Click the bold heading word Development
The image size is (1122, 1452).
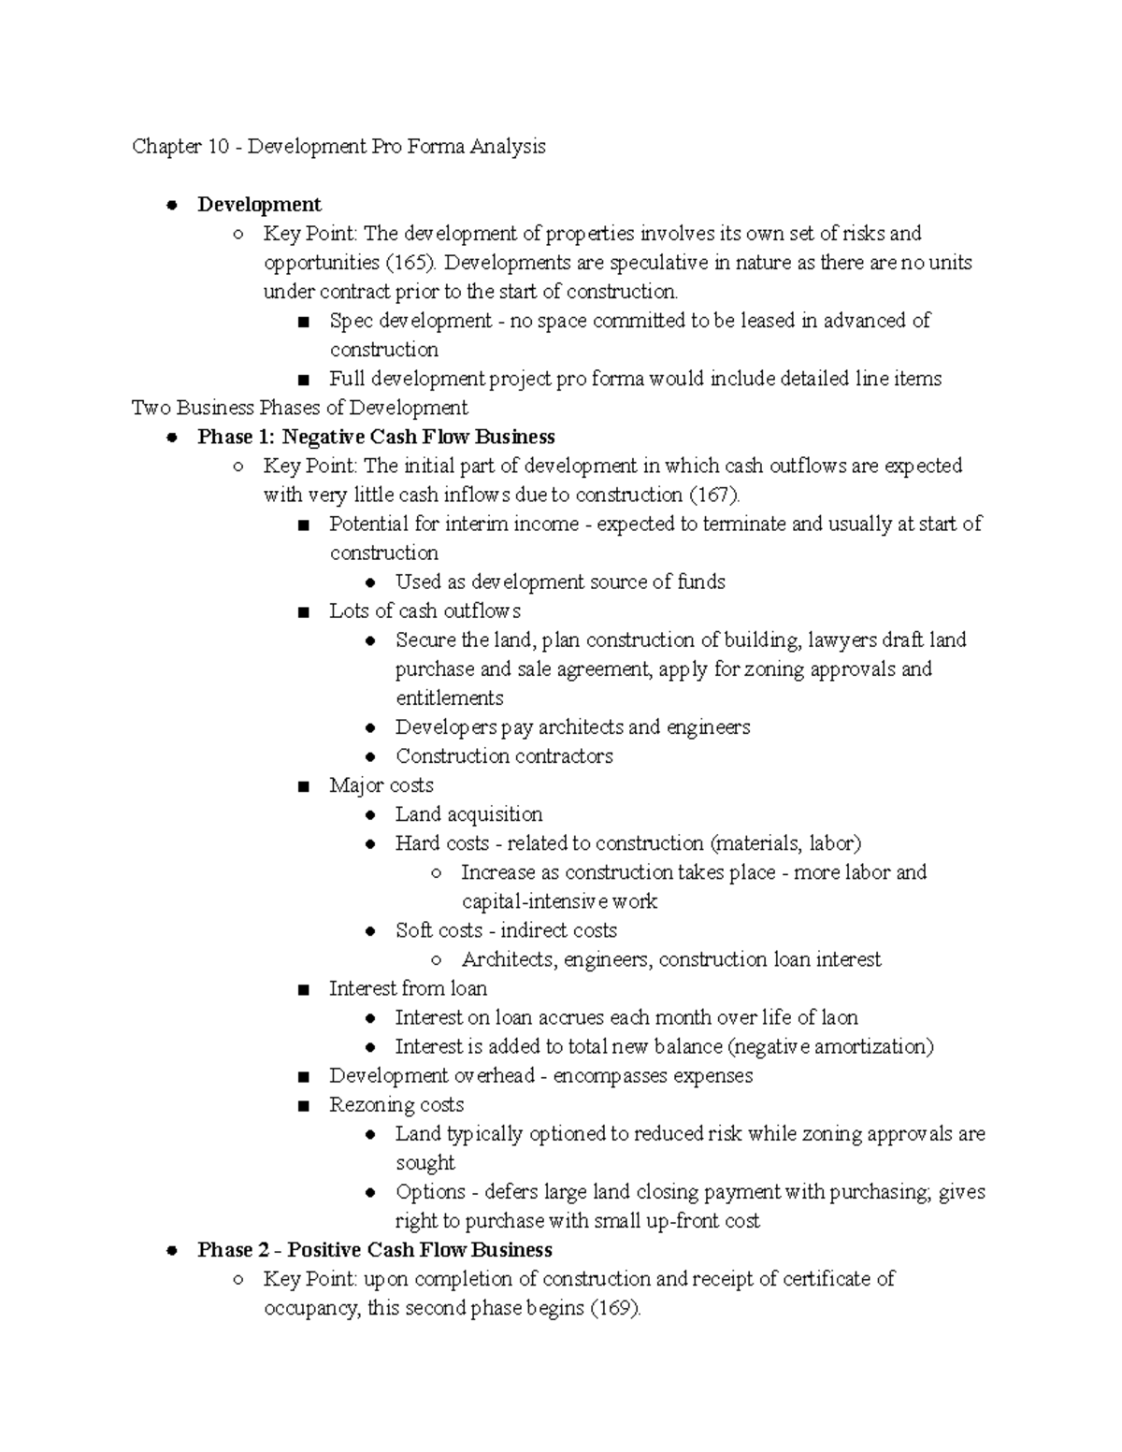coord(259,205)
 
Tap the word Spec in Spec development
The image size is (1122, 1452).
coord(350,321)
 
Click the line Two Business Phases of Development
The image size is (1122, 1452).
coord(299,408)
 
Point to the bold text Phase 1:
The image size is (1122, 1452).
coord(236,437)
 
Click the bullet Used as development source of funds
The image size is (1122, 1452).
coord(559,582)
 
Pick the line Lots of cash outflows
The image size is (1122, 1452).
coord(424,611)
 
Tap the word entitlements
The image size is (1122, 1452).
coord(449,698)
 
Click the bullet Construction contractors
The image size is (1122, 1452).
coord(504,756)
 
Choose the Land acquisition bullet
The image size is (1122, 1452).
coord(468,814)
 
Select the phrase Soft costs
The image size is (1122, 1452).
coord(439,930)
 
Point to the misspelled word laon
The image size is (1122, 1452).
coord(840,1017)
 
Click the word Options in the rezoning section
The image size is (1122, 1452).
coord(430,1192)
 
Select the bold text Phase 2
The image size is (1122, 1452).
coord(235,1250)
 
